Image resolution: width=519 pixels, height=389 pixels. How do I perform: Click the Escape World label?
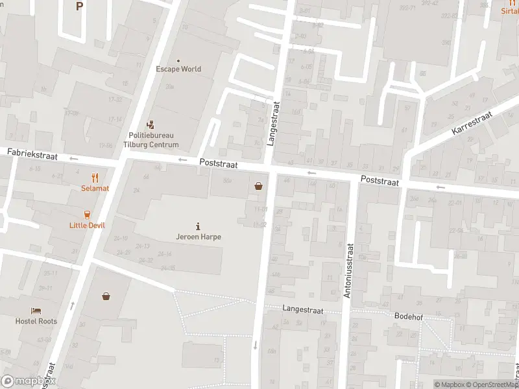click(178, 69)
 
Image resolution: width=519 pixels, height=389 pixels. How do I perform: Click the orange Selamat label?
click(95, 188)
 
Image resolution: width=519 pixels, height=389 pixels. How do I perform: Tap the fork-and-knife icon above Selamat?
click(95, 177)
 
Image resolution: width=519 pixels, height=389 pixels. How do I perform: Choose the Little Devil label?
click(86, 226)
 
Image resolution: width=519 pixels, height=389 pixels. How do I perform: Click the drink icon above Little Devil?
click(86, 214)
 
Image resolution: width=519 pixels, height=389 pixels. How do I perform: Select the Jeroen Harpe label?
click(199, 237)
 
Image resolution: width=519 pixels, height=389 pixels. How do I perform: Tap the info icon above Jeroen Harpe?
click(198, 226)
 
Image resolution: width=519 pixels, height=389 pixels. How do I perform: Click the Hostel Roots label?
click(36, 321)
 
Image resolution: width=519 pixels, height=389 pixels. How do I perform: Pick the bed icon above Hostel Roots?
click(36, 310)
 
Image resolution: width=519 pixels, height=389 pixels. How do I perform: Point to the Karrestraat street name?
click(472, 122)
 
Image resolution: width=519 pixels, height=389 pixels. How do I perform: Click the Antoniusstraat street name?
click(348, 270)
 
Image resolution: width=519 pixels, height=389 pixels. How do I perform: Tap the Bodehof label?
click(409, 316)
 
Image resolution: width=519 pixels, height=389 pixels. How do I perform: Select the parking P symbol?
click(79, 6)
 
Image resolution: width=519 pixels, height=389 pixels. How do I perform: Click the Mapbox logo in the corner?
click(29, 381)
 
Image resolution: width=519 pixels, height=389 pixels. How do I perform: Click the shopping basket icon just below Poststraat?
click(259, 187)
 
